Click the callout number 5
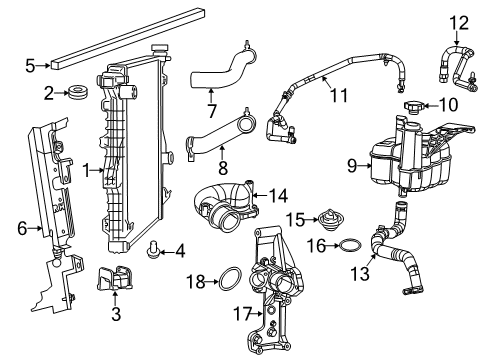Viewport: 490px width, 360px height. (30, 67)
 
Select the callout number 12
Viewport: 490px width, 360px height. (458, 21)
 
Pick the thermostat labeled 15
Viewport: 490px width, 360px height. (325, 218)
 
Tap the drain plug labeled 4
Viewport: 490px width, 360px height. (153, 249)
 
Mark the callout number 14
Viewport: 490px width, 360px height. (280, 196)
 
